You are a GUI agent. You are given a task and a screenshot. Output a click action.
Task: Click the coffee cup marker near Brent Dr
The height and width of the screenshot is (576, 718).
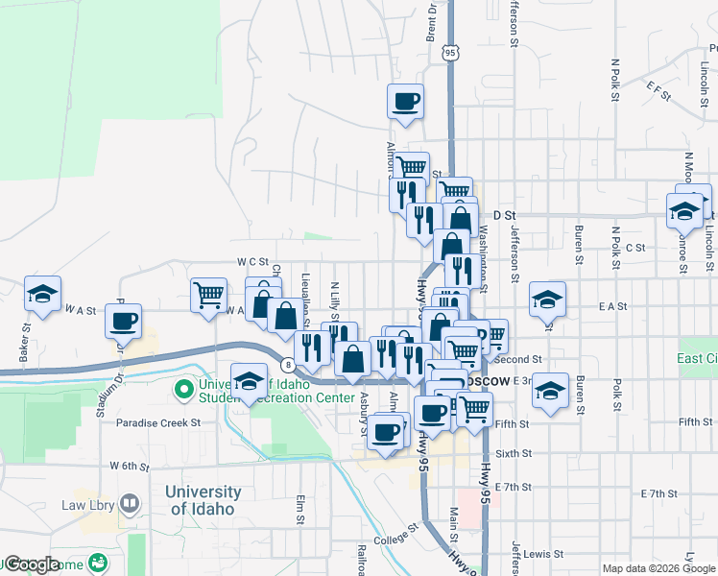tap(405, 101)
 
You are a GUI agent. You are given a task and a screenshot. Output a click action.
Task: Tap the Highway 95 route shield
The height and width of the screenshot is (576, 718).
tap(450, 54)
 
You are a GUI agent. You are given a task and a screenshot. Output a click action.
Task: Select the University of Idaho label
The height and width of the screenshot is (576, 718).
tap(203, 500)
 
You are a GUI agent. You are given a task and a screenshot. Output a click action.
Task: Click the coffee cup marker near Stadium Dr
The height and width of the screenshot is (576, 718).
tap(125, 322)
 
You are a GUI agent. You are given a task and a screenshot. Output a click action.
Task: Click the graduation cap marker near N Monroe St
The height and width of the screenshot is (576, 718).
tap(683, 211)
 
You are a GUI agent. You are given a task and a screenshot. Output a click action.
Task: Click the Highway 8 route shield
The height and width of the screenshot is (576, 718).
tap(287, 364)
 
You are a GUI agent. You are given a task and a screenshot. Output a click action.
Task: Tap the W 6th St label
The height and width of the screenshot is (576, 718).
tap(129, 467)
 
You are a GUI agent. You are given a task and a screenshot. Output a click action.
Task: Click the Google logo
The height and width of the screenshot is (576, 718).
tap(32, 564)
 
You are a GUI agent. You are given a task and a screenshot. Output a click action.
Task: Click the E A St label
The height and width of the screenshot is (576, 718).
tap(611, 306)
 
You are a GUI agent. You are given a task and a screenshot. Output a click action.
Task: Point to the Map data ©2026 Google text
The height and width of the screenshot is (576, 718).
tap(658, 568)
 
